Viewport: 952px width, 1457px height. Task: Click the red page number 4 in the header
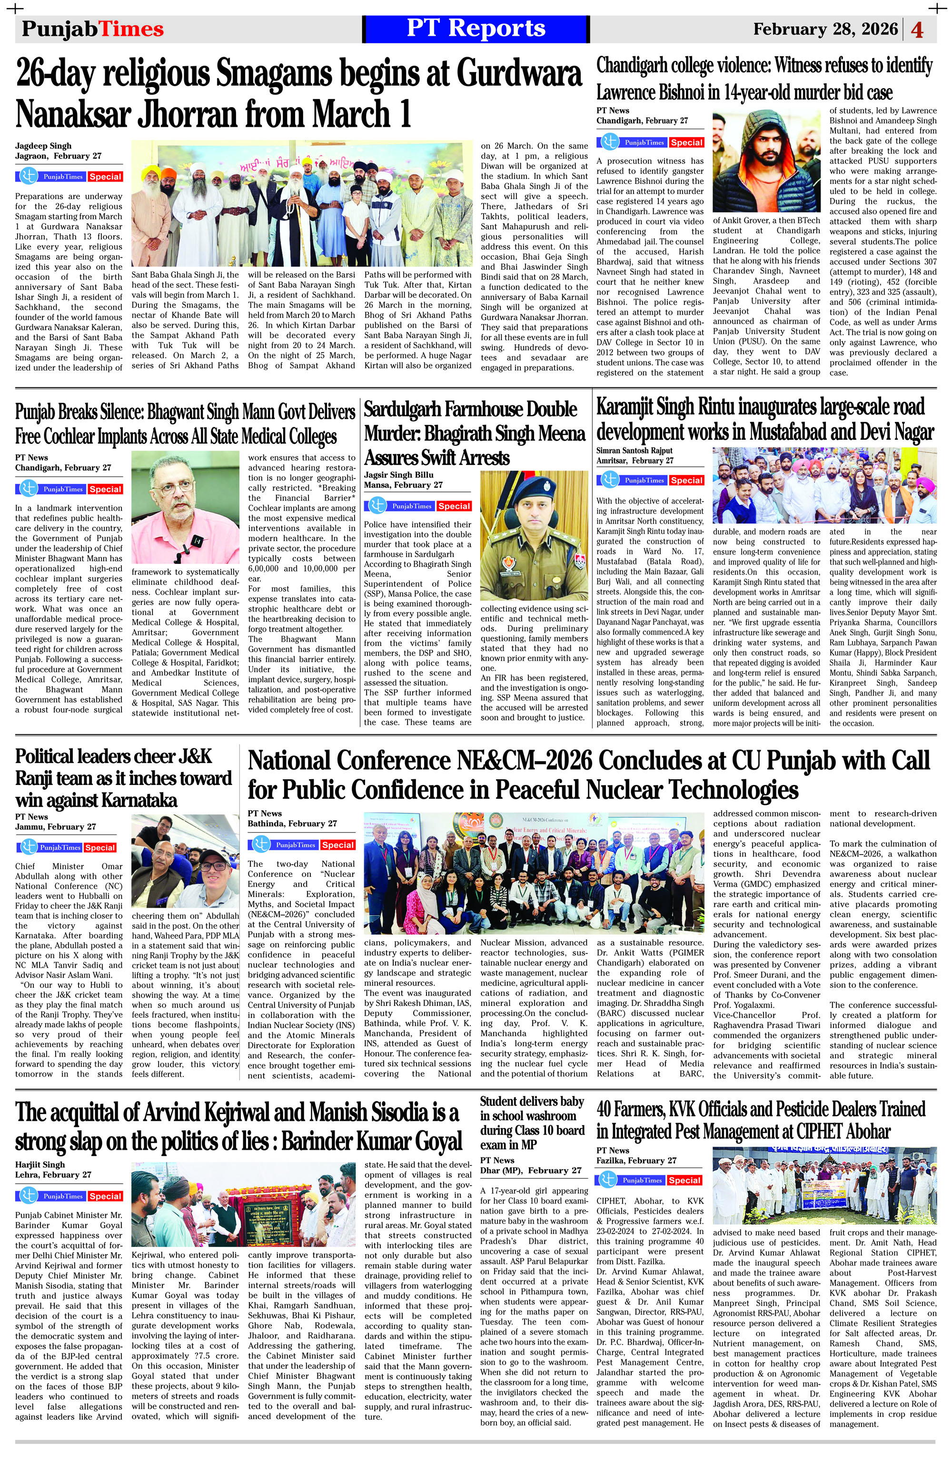point(917,30)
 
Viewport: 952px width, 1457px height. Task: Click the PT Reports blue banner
point(476,29)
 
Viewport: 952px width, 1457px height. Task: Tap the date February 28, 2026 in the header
point(825,30)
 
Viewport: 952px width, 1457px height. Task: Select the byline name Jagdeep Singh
point(43,146)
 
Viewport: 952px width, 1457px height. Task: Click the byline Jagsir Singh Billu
point(398,474)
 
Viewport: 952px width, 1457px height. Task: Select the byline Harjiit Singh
point(40,1165)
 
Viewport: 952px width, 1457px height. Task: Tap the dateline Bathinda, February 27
point(292,824)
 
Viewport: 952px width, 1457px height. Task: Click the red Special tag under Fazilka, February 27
point(684,1180)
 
